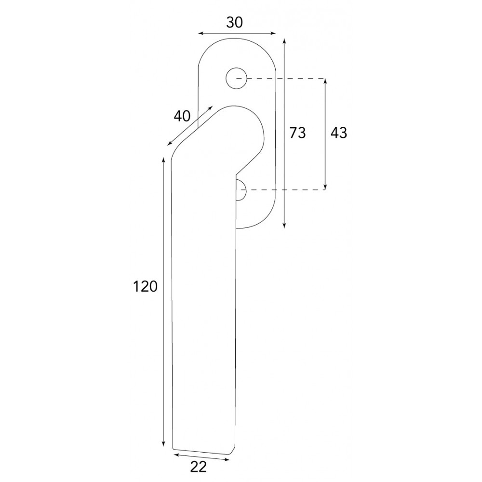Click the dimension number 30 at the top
[x=235, y=23]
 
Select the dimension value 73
[x=297, y=133]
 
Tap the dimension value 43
[x=339, y=133]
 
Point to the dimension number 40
[x=182, y=116]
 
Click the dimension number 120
[x=145, y=286]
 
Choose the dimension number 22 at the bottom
[x=198, y=467]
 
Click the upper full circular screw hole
[x=236, y=78]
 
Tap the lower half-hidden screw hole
[x=241, y=190]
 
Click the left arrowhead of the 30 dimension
[x=200, y=33]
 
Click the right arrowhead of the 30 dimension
[x=273, y=33]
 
